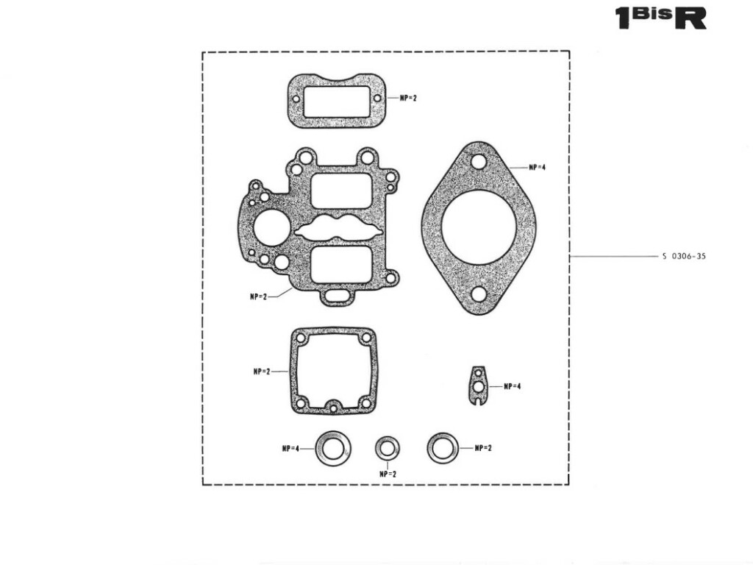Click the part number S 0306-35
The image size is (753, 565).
point(684,256)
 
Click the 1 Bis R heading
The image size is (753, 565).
point(661,18)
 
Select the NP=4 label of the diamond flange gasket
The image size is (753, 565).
point(537,167)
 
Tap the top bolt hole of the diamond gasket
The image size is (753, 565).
point(478,162)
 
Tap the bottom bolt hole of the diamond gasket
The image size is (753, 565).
point(479,294)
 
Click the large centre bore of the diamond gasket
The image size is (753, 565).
point(479,228)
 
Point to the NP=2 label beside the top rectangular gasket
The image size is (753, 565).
point(408,98)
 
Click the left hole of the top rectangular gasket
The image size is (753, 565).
point(296,99)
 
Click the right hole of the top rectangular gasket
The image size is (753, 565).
point(377,99)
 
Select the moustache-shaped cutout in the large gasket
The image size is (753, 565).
point(338,227)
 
